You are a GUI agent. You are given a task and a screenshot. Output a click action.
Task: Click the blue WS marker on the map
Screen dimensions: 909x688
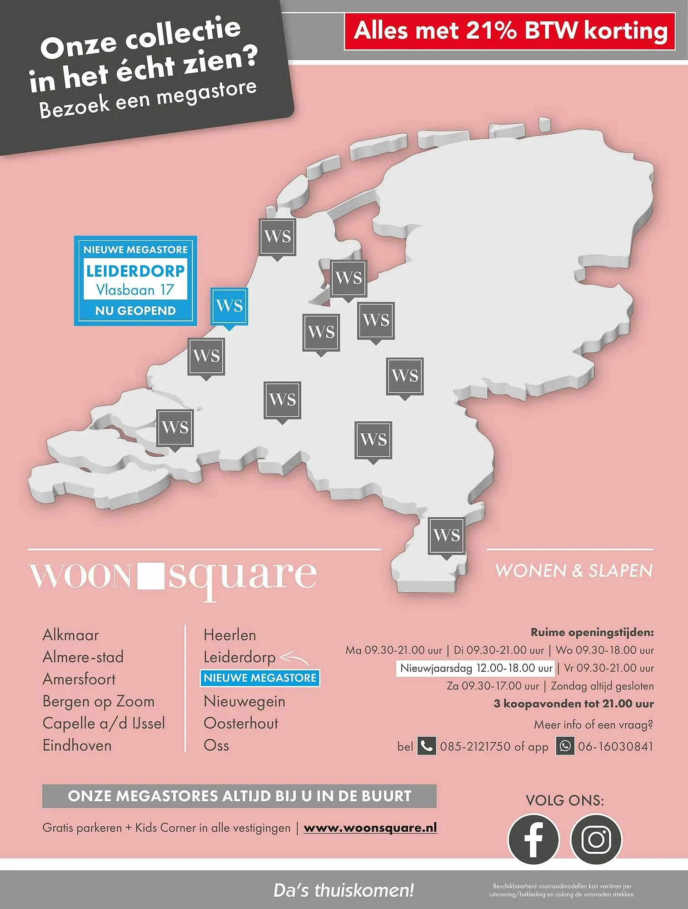[x=229, y=306]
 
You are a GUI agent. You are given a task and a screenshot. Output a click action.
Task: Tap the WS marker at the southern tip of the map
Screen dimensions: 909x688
[x=446, y=535]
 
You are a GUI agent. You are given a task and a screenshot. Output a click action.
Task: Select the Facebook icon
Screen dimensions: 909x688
[x=533, y=839]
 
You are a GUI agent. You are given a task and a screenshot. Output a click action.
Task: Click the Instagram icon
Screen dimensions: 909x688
[x=596, y=839]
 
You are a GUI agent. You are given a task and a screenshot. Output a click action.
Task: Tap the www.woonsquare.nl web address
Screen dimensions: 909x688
[x=370, y=828]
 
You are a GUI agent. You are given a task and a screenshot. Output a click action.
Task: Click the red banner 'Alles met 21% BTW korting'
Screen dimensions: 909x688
[x=510, y=31]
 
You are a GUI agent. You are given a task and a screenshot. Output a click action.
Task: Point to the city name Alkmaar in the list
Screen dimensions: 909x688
[x=70, y=635]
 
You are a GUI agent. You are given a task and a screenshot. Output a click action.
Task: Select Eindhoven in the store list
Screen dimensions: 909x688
[x=77, y=745]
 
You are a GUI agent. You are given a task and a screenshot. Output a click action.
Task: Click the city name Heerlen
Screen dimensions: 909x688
[x=229, y=635]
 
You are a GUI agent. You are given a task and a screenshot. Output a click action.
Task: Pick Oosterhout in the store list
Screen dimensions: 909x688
[x=241, y=723]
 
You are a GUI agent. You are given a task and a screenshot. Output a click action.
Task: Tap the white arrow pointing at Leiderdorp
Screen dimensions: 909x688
[x=295, y=657]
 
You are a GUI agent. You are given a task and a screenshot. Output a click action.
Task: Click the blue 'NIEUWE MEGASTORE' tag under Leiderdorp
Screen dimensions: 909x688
[x=260, y=678]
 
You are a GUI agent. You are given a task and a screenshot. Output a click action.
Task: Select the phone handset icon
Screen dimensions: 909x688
[x=426, y=746]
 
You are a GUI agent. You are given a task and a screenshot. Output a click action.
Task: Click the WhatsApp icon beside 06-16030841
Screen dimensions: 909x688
[x=565, y=746]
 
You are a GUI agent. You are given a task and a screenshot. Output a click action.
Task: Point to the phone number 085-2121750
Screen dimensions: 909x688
[x=475, y=746]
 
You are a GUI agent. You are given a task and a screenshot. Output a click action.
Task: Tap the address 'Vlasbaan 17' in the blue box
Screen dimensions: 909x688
[x=135, y=290]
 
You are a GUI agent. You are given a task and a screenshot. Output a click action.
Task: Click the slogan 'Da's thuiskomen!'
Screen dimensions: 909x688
[x=344, y=890]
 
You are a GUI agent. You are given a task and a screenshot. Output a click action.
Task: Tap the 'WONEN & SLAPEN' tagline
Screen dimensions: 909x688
[x=573, y=571]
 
